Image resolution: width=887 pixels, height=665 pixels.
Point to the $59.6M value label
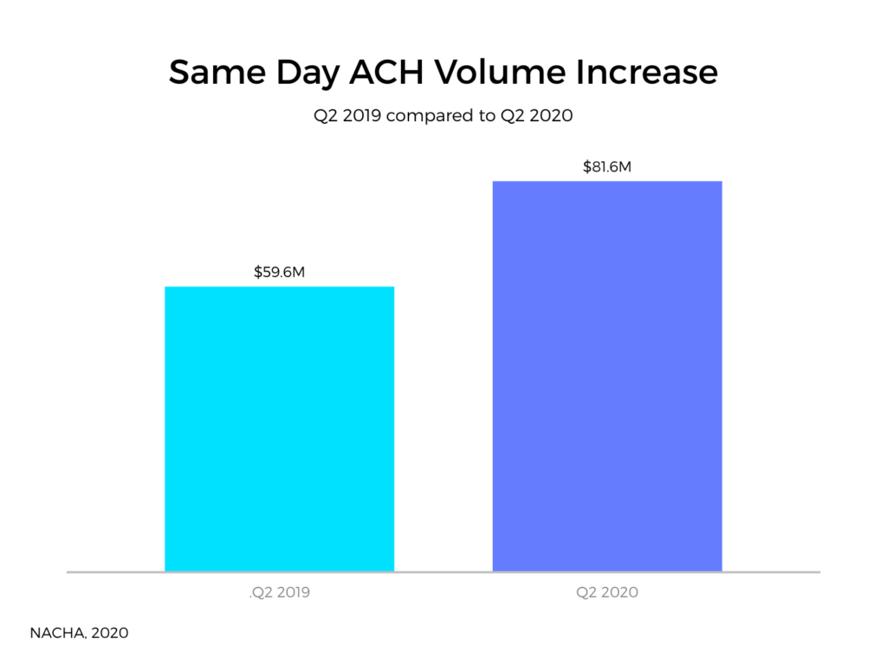(x=279, y=272)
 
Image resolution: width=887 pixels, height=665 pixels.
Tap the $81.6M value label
(x=606, y=166)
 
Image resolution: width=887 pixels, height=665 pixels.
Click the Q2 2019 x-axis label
(x=280, y=593)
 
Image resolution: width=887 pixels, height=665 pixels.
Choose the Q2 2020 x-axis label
(x=606, y=593)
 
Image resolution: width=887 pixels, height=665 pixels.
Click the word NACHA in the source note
(x=54, y=633)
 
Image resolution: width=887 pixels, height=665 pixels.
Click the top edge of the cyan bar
(x=279, y=287)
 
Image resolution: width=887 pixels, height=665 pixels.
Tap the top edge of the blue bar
(x=606, y=182)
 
